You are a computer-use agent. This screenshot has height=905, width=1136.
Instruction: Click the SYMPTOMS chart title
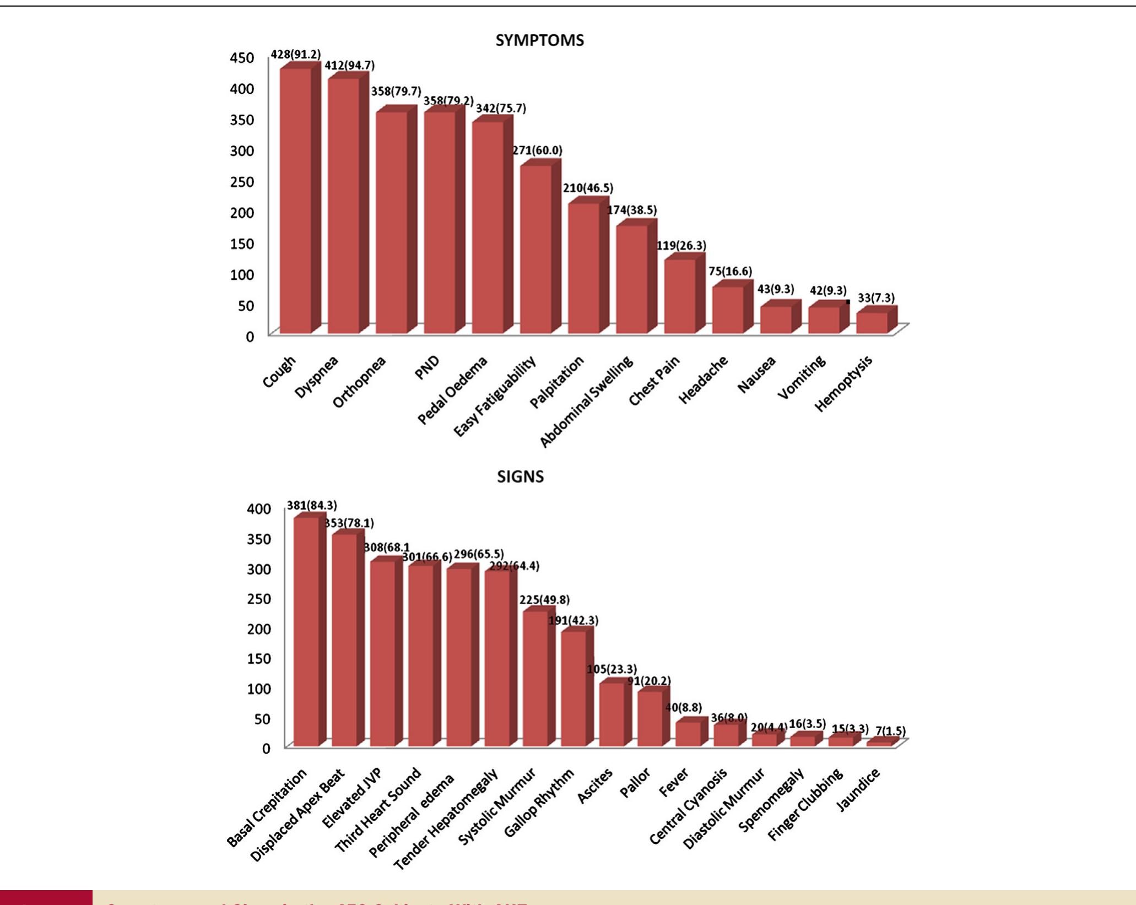pyautogui.click(x=539, y=40)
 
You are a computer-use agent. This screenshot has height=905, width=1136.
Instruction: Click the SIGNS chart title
pyautogui.click(x=520, y=476)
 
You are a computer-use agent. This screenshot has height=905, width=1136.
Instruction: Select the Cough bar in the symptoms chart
pyautogui.click(x=296, y=201)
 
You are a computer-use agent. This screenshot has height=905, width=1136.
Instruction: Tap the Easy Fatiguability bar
pyautogui.click(x=536, y=249)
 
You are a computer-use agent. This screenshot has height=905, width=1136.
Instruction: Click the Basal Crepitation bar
pyautogui.click(x=306, y=632)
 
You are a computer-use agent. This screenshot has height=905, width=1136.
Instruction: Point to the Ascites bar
pyautogui.click(x=612, y=714)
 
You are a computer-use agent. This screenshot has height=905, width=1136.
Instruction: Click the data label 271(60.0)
pyautogui.click(x=537, y=150)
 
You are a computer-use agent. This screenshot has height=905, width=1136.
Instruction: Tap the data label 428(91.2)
pyautogui.click(x=295, y=55)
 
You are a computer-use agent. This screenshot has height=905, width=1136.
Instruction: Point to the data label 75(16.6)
pyautogui.click(x=730, y=271)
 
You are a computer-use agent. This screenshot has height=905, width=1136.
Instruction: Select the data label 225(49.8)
pyautogui.click(x=544, y=600)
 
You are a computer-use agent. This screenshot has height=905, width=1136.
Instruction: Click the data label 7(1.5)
pyautogui.click(x=890, y=731)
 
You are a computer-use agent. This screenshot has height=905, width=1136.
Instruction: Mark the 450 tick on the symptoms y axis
pyautogui.click(x=242, y=58)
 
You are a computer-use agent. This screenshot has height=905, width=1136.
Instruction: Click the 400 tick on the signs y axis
pyautogui.click(x=259, y=508)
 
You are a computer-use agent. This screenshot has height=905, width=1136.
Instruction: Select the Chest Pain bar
pyautogui.click(x=680, y=296)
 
